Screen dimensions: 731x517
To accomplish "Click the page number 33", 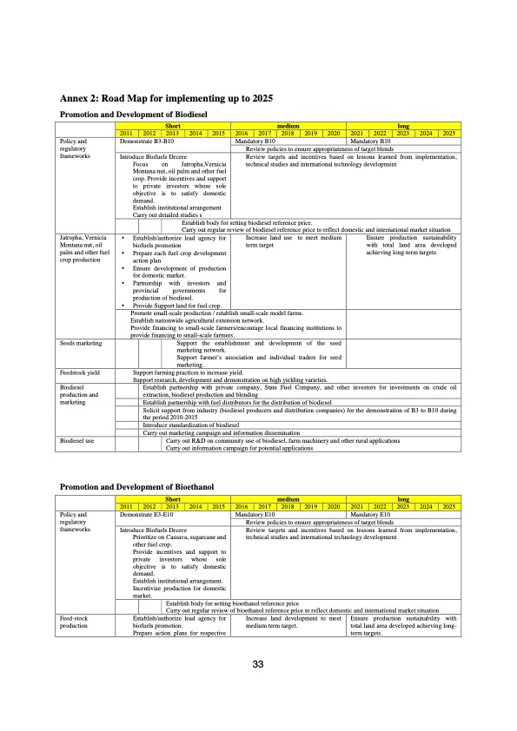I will pos(257,666).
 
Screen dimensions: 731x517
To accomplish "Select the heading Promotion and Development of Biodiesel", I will pos(131,115).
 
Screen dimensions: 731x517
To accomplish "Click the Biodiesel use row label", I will pos(78,442).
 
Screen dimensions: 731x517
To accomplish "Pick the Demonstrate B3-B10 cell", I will pos(148,140).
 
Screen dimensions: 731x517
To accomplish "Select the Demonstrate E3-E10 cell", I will pos(148,515).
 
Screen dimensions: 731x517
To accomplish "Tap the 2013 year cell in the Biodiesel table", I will pos(172,133).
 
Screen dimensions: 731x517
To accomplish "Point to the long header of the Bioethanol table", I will pos(404,500).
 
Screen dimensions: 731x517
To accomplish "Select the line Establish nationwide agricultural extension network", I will pos(197,320).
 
